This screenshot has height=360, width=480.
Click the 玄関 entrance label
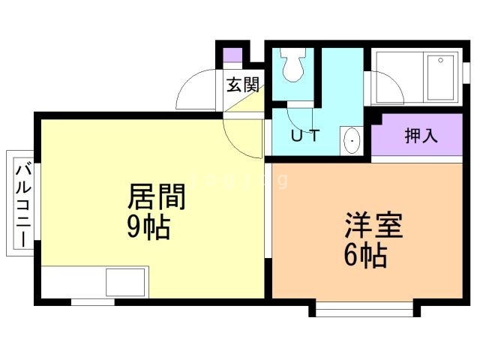pos(243,85)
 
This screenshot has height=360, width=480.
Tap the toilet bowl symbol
pos(293,64)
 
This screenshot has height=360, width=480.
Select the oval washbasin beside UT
pos(352,141)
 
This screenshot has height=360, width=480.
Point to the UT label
pos(305,136)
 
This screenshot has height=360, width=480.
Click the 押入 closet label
pos(421,135)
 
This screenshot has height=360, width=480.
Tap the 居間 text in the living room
pos(157,196)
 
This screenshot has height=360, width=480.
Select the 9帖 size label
pos(148,226)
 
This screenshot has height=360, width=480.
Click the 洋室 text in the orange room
pos(373,225)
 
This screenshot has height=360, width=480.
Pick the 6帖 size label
pos(366,255)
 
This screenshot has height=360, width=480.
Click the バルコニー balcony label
pos(23,205)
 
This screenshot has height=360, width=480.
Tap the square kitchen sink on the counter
pos(125,282)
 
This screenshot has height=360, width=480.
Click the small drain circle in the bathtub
pos(440,60)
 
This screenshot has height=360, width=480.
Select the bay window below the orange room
pos(364,309)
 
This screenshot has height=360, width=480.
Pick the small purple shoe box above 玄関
pos(232,55)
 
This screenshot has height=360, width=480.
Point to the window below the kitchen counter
pos(93,302)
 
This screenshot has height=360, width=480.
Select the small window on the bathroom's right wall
pos(466,73)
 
